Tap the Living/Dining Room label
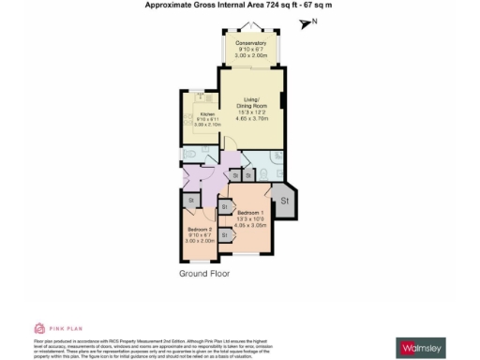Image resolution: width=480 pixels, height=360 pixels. tap(250, 103)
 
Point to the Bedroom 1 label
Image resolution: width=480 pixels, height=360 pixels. tap(249, 214)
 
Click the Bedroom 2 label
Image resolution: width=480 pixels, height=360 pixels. tap(200, 230)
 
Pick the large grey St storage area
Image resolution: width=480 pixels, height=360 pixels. tap(283, 201)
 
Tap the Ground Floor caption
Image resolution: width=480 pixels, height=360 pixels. tap(204, 274)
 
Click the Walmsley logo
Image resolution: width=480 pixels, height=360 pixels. tap(422, 348)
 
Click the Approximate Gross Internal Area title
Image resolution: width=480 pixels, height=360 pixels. tap(239, 5)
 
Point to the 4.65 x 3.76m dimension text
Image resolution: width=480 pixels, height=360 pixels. tap(250, 119)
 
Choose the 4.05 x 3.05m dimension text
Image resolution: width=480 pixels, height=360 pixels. tap(249, 226)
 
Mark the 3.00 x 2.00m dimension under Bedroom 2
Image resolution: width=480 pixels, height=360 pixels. tap(200, 241)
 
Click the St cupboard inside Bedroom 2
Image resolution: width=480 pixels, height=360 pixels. tap(190, 200)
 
